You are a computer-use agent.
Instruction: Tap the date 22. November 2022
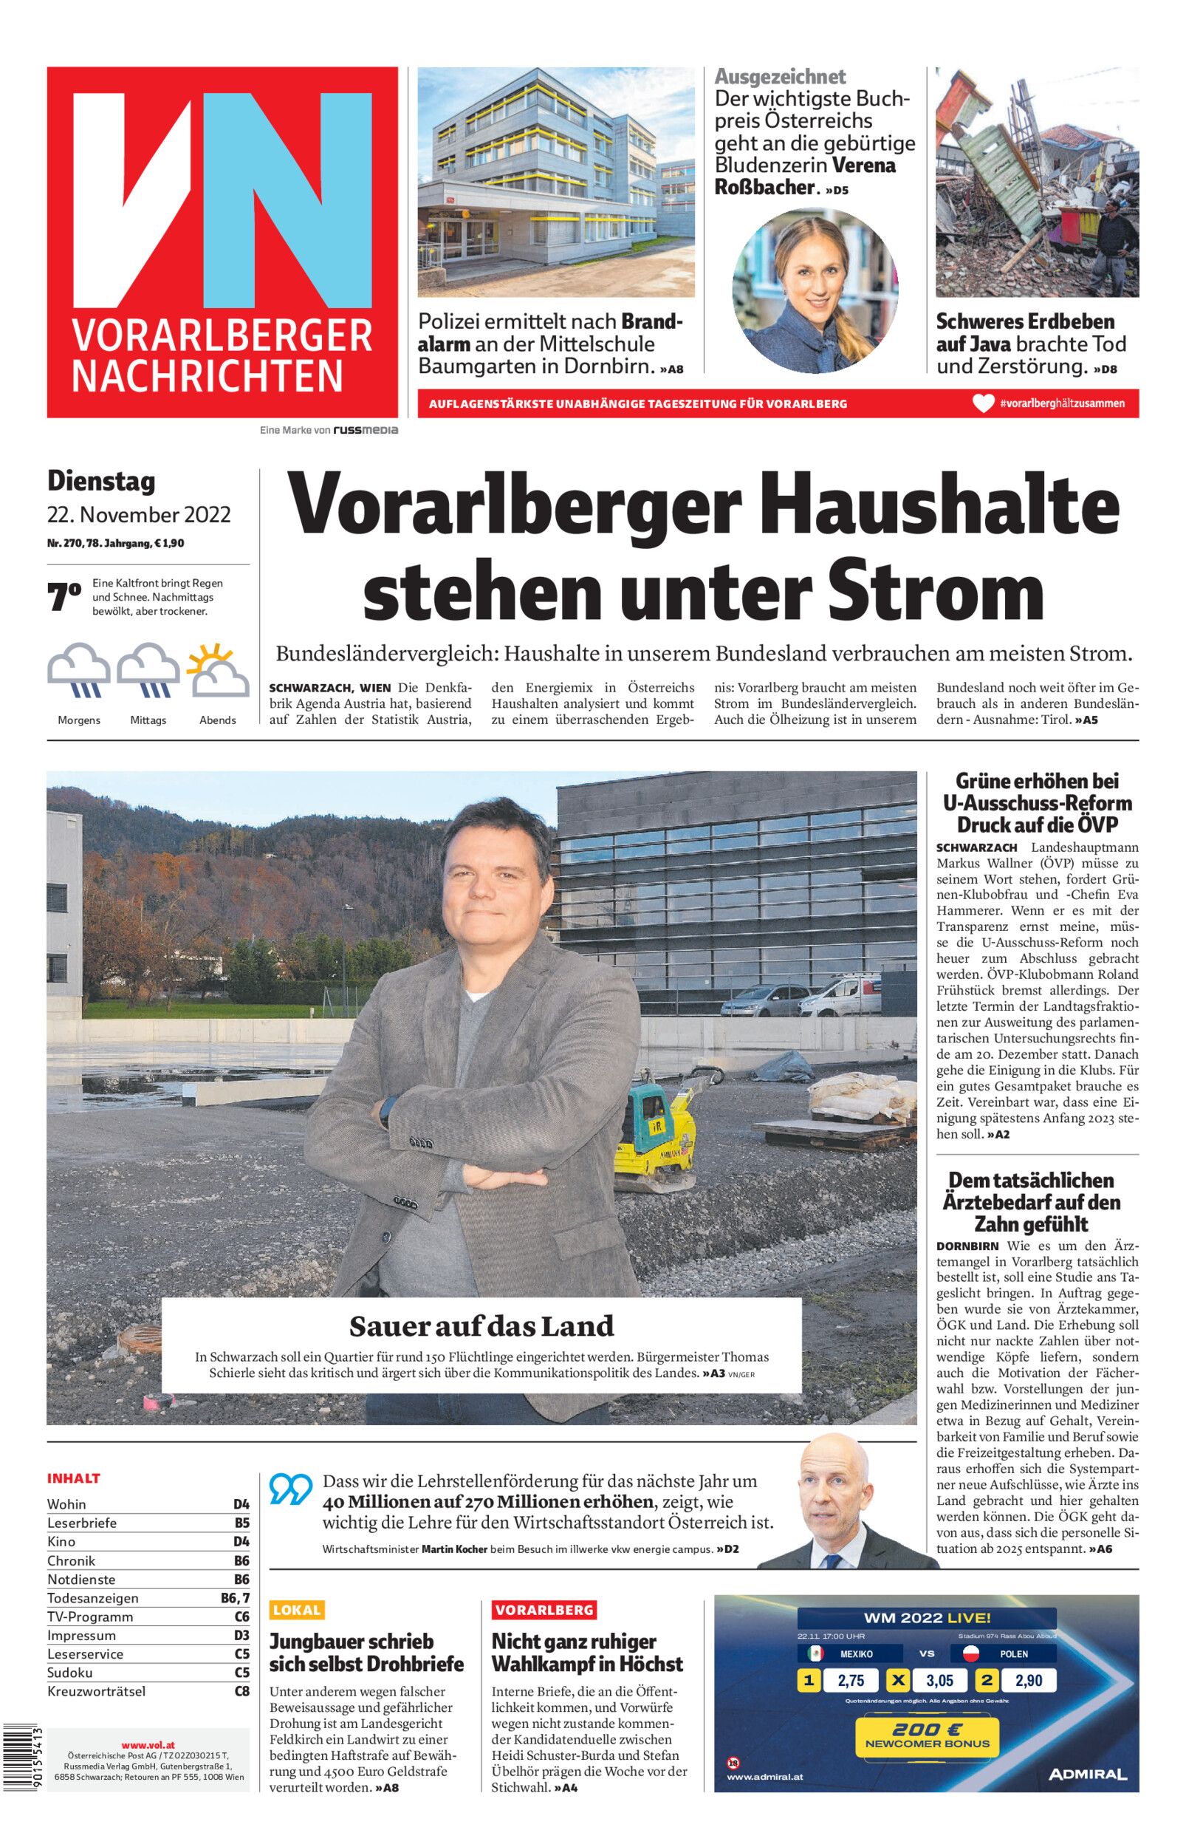[139, 514]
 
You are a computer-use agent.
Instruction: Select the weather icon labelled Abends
[218, 672]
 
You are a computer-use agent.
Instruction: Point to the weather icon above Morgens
[78, 672]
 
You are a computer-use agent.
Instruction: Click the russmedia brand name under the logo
[365, 430]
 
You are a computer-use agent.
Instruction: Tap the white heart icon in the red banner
[983, 403]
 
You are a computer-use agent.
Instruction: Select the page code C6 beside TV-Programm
[241, 1616]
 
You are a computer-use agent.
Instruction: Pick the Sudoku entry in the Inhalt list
[70, 1672]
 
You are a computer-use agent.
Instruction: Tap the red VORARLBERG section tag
[544, 1609]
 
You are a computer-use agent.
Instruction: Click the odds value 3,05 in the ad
[939, 1681]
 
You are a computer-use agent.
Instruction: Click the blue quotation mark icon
[290, 1489]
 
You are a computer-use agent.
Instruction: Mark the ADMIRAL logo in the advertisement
[1086, 1775]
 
